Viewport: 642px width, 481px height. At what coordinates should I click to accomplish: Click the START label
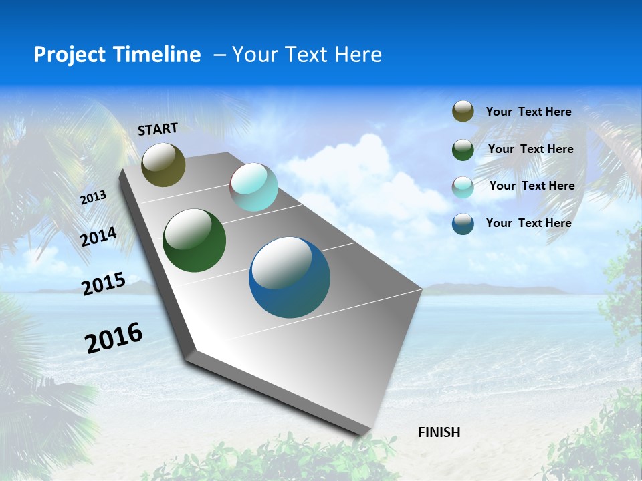158,129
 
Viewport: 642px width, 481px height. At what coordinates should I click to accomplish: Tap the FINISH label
439,432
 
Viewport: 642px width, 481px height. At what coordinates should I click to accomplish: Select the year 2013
94,198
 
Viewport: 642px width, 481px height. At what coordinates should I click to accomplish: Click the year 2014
99,237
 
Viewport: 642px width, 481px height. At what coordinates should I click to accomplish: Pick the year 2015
104,284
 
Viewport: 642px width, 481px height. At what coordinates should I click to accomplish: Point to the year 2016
114,338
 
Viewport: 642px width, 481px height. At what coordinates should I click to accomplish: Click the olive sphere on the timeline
163,165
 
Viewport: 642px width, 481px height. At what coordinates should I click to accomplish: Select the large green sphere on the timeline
194,240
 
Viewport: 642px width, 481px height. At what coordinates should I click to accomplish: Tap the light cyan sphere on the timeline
253,187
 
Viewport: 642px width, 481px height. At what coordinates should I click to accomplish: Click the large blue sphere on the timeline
290,277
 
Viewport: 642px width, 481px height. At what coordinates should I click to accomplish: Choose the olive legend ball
463,112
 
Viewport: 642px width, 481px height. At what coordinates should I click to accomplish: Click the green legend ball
463,150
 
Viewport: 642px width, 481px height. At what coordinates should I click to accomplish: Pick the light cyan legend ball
463,187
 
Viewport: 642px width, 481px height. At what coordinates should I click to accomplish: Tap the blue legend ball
463,224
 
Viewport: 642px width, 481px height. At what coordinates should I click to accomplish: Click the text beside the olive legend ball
528,112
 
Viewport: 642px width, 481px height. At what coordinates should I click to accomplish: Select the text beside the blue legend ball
528,223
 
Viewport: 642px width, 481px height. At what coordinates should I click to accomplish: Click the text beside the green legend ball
530,149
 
